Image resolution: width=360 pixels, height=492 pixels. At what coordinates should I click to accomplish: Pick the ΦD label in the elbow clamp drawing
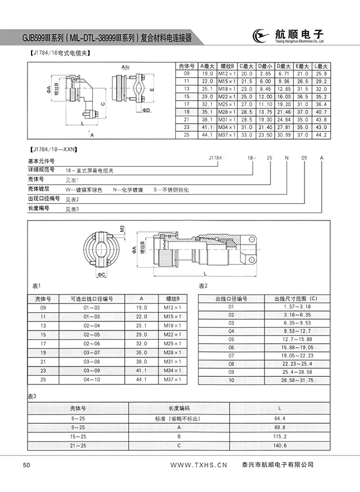click(147, 110)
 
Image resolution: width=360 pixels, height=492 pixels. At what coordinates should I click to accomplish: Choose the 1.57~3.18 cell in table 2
click(296, 307)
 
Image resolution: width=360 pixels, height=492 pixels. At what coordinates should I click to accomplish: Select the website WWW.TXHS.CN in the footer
click(199, 465)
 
